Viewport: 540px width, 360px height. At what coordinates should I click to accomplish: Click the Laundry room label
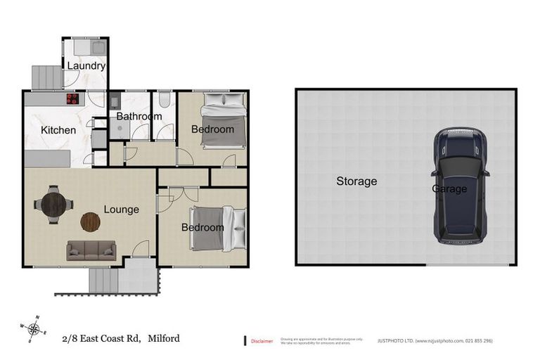(x=86, y=66)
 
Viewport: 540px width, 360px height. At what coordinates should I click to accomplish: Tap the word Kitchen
(x=58, y=130)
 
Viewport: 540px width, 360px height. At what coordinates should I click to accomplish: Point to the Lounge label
(x=121, y=210)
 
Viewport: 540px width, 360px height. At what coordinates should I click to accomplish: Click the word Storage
(x=356, y=181)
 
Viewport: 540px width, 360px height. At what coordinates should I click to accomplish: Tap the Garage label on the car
(x=449, y=189)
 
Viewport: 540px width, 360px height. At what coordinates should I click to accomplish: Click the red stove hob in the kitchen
(x=73, y=99)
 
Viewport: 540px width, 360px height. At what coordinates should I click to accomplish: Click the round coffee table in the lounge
(x=90, y=222)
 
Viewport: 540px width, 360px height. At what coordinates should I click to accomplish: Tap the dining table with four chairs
(x=53, y=205)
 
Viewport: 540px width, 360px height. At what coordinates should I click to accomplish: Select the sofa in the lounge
(x=91, y=250)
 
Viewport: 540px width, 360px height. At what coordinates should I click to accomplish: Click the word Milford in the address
(x=164, y=338)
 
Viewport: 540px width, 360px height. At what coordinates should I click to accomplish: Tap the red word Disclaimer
(x=262, y=341)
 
